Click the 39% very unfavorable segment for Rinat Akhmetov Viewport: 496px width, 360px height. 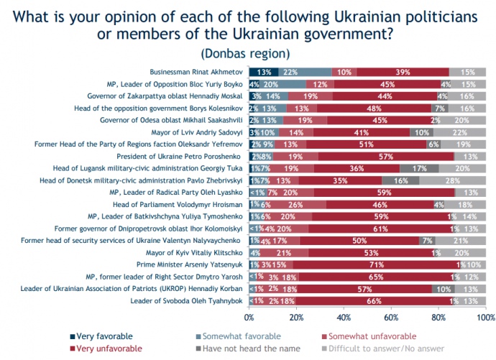coord(403,72)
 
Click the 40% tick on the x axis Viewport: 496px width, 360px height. coord(344,317)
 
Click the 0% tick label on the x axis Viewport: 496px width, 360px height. coord(249,317)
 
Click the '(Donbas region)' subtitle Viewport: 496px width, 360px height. coord(247,53)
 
